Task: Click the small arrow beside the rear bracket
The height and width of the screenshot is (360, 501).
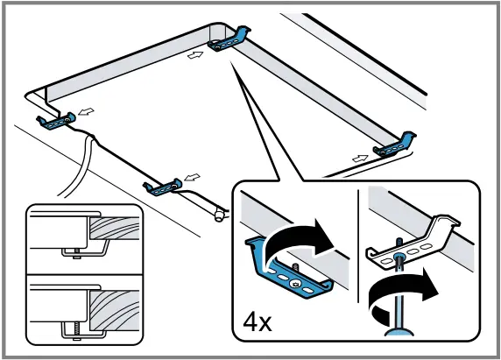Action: (196, 53)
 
